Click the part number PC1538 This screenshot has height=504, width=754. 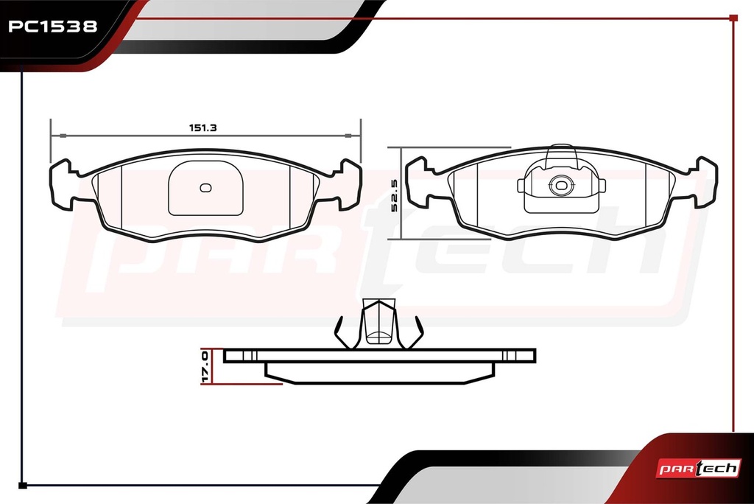pos(53,26)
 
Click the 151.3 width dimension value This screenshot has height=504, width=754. pos(203,127)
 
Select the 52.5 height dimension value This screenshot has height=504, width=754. pos(395,195)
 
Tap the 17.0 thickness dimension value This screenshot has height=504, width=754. pos(205,367)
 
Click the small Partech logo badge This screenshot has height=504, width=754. pos(698,468)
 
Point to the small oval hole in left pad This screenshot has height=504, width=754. pos(206,188)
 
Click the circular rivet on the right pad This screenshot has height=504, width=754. pos(561,185)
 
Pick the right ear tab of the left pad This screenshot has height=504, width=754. pos(348,185)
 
